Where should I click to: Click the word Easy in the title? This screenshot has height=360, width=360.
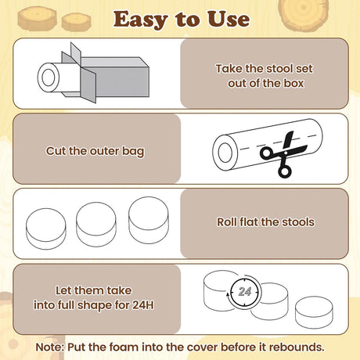click(140, 20)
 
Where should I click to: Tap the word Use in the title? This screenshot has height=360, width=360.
click(229, 19)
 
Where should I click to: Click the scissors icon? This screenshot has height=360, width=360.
click(284, 155)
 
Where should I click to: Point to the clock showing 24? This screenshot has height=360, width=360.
click(244, 291)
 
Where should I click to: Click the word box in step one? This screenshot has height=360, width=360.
click(293, 83)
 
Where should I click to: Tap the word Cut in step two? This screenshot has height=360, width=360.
click(56, 151)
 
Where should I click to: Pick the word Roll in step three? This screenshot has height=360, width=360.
click(227, 222)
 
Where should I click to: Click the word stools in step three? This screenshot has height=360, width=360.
click(298, 222)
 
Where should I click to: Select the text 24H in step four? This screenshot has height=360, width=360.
click(143, 304)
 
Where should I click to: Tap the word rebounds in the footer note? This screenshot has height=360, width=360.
click(297, 347)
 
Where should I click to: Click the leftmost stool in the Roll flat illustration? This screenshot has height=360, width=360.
click(46, 229)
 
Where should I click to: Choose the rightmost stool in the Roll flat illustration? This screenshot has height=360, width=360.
click(149, 220)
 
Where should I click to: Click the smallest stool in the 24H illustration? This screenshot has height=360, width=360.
click(314, 312)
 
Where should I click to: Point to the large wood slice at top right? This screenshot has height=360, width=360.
click(303, 13)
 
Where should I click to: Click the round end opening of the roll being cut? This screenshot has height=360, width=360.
click(225, 153)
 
